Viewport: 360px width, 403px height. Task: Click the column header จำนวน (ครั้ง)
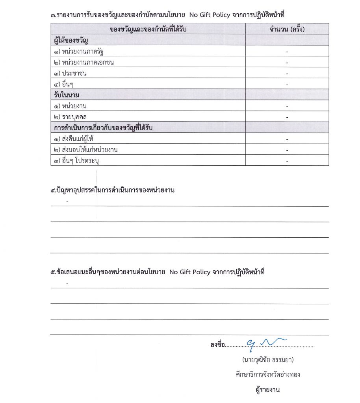[287, 30]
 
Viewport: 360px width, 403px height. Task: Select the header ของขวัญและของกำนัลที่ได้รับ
[148, 30]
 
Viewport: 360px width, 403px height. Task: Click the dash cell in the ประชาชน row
[287, 74]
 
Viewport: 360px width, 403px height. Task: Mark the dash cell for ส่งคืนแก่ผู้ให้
[287, 139]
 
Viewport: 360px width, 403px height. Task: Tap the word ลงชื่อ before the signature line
[218, 345]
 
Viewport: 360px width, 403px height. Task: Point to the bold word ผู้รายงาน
[267, 390]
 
